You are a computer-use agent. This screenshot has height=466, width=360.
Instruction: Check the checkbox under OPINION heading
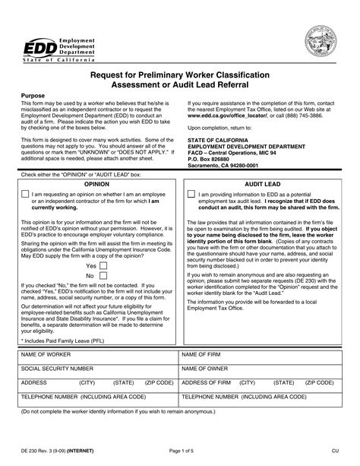pyautogui.click(x=25, y=195)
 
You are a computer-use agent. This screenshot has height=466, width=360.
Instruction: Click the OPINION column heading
pyautogui.click(x=96, y=183)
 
